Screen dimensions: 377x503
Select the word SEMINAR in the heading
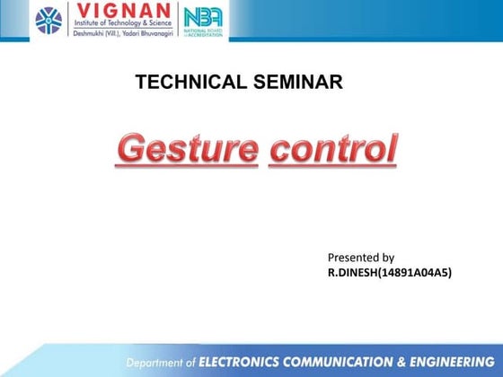(x=295, y=83)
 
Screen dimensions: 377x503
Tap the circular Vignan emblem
(x=49, y=21)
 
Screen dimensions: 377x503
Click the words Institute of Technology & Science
(x=123, y=27)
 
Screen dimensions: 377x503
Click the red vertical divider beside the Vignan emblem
(x=71, y=21)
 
